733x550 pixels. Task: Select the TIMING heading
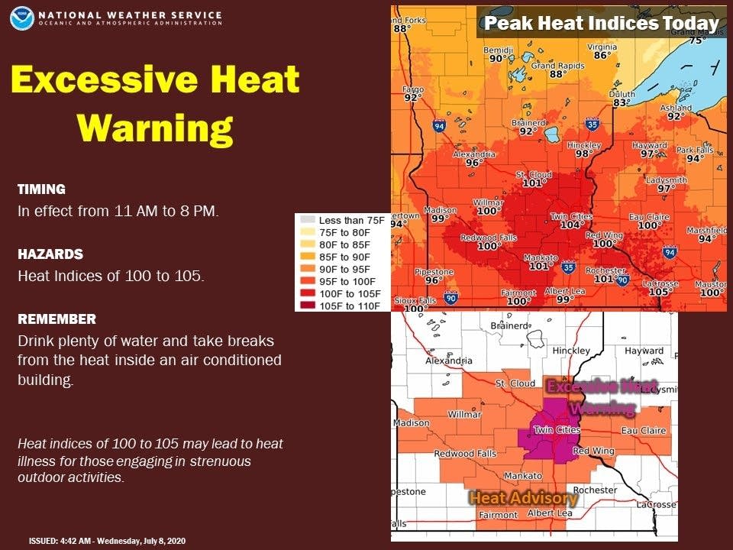[x=41, y=189]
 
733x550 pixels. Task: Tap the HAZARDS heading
[x=50, y=254]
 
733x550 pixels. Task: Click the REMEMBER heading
[x=57, y=319]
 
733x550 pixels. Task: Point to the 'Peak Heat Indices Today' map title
[x=602, y=23]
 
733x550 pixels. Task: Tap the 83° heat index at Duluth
[x=621, y=102]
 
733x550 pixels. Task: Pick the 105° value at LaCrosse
[x=659, y=292]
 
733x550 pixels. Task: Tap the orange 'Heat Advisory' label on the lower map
[x=523, y=498]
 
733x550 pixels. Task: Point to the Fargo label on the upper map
[x=413, y=89]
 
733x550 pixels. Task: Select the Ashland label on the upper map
[x=676, y=108]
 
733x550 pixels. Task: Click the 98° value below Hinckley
[x=584, y=154]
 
